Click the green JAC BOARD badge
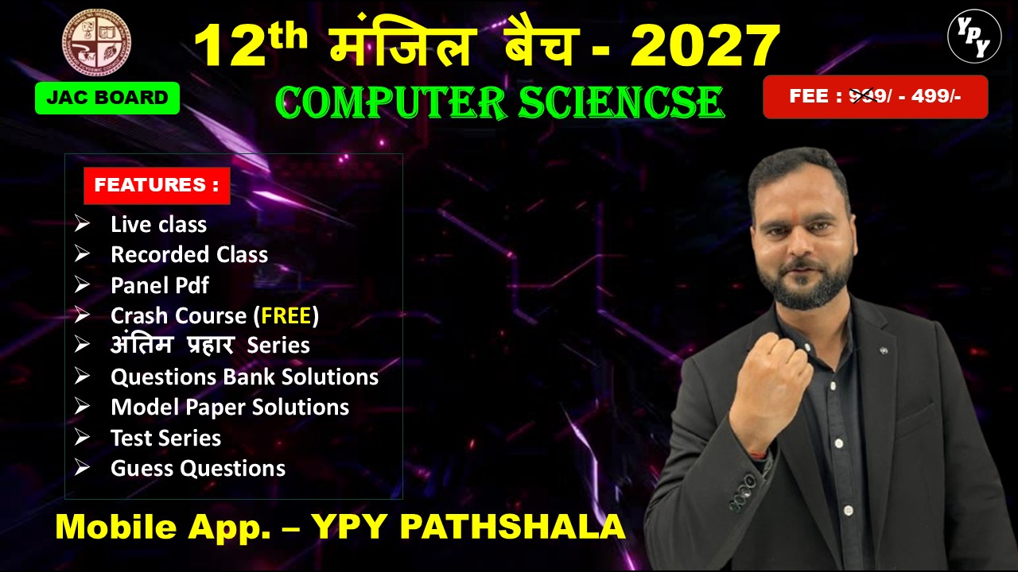[107, 98]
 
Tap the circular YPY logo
[973, 37]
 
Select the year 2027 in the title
[705, 45]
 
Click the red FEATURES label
[157, 186]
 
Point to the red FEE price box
[875, 97]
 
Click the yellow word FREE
[286, 315]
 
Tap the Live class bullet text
[158, 225]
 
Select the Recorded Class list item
[189, 255]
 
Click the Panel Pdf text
[160, 285]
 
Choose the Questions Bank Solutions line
[244, 377]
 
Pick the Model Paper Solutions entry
[230, 408]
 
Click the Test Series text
[165, 438]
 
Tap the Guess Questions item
[198, 469]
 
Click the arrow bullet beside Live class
[82, 225]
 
